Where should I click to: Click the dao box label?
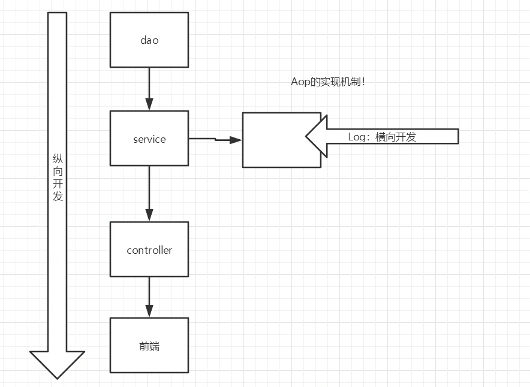tap(149, 40)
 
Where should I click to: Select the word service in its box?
tap(149, 139)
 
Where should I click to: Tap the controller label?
tap(149, 250)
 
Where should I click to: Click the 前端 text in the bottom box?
tap(149, 346)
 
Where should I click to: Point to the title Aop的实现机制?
tap(328, 82)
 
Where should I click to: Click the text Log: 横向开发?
tap(382, 137)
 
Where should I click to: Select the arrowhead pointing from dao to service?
tap(149, 104)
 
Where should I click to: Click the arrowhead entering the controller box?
tap(149, 215)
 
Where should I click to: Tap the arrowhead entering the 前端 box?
tap(149, 311)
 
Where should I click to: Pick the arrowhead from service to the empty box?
tap(236, 140)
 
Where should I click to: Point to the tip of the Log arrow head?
tap(306, 136)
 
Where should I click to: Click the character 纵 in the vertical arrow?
tap(58, 158)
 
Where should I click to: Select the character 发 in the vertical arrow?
tap(58, 196)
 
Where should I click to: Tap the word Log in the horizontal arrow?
tap(357, 137)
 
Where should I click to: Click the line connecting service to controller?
tap(149, 187)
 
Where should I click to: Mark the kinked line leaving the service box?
tap(209, 139)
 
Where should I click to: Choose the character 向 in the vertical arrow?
tap(58, 171)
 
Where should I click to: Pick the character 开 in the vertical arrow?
tap(58, 184)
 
